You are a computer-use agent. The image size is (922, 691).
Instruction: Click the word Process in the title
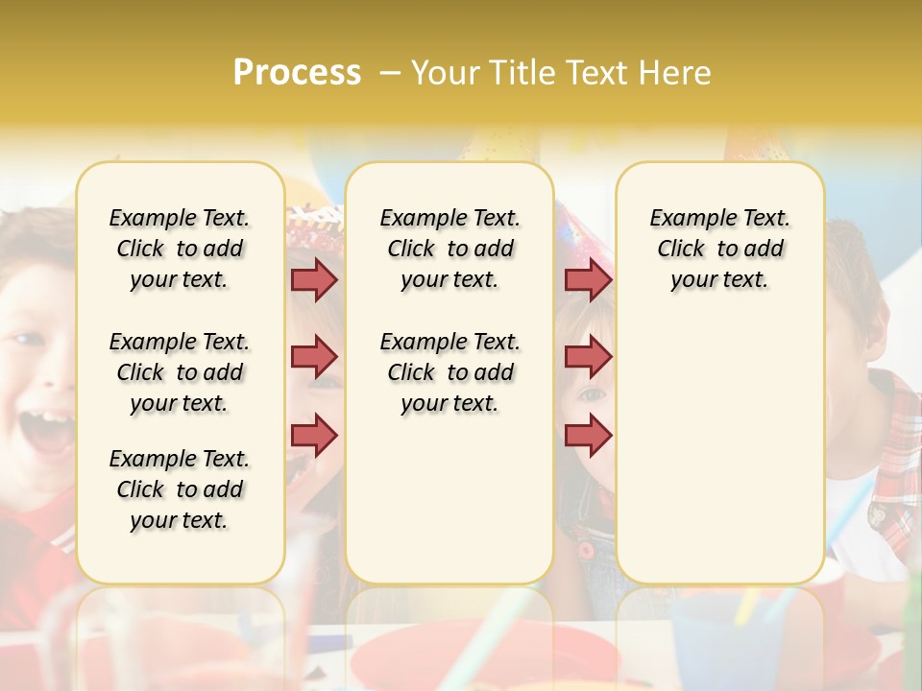coord(297,72)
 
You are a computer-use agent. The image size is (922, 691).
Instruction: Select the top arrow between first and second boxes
coord(314,279)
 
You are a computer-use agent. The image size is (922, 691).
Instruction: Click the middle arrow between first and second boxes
coord(314,357)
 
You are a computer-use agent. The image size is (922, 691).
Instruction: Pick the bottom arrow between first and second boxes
coord(314,434)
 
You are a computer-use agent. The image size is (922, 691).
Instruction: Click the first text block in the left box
coord(180,249)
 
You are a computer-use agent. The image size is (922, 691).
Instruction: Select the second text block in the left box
coord(180,372)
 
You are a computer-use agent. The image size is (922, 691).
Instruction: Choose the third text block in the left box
coord(180,489)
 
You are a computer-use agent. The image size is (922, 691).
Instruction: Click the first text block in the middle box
coord(449,249)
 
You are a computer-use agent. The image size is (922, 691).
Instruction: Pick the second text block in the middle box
coord(449,372)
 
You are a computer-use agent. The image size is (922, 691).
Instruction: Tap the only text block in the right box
coord(719,249)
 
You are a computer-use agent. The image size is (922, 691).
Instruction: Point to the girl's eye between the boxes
coord(592,393)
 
